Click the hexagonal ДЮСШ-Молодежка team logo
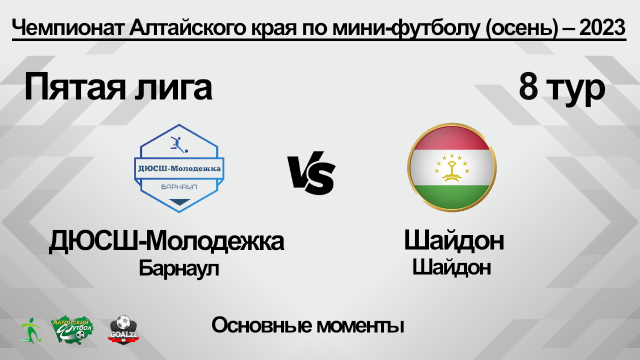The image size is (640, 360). tap(179, 168)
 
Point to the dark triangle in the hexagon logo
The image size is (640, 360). tap(179, 201)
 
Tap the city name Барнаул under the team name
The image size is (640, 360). tap(179, 268)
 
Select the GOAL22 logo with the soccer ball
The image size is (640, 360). tap(123, 328)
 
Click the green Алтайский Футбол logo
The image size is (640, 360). tap(73, 329)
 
